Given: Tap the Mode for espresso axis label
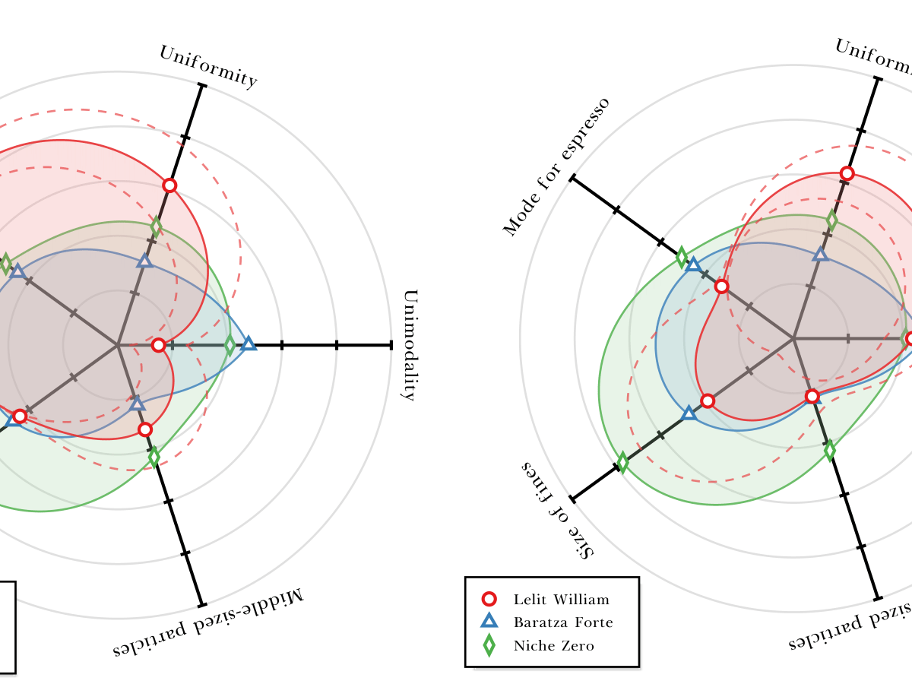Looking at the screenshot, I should tap(556, 166).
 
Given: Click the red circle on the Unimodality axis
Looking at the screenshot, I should tap(158, 345).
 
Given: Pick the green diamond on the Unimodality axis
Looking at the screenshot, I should tap(230, 346).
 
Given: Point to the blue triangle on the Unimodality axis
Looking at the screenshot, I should tap(249, 344).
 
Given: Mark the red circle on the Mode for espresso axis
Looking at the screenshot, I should tap(721, 287).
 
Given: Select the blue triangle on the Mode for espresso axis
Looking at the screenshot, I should tap(692, 264).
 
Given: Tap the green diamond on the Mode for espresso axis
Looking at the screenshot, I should tap(682, 257).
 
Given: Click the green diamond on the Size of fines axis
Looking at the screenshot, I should tap(622, 461).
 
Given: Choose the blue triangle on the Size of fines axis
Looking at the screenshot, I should tap(689, 413).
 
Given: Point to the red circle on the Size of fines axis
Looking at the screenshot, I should tap(708, 401).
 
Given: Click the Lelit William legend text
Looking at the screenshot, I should tap(561, 600).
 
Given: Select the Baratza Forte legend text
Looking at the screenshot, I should tap(563, 622).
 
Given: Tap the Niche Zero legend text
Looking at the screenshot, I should tap(553, 646).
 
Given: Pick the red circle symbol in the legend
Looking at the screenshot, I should tap(489, 599).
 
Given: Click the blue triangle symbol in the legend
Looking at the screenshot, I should tap(489, 622).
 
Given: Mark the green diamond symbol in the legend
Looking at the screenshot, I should tap(489, 646).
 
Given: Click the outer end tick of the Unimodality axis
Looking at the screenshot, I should tap(391, 345).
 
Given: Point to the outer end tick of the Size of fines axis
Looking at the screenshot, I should tap(572, 499).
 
